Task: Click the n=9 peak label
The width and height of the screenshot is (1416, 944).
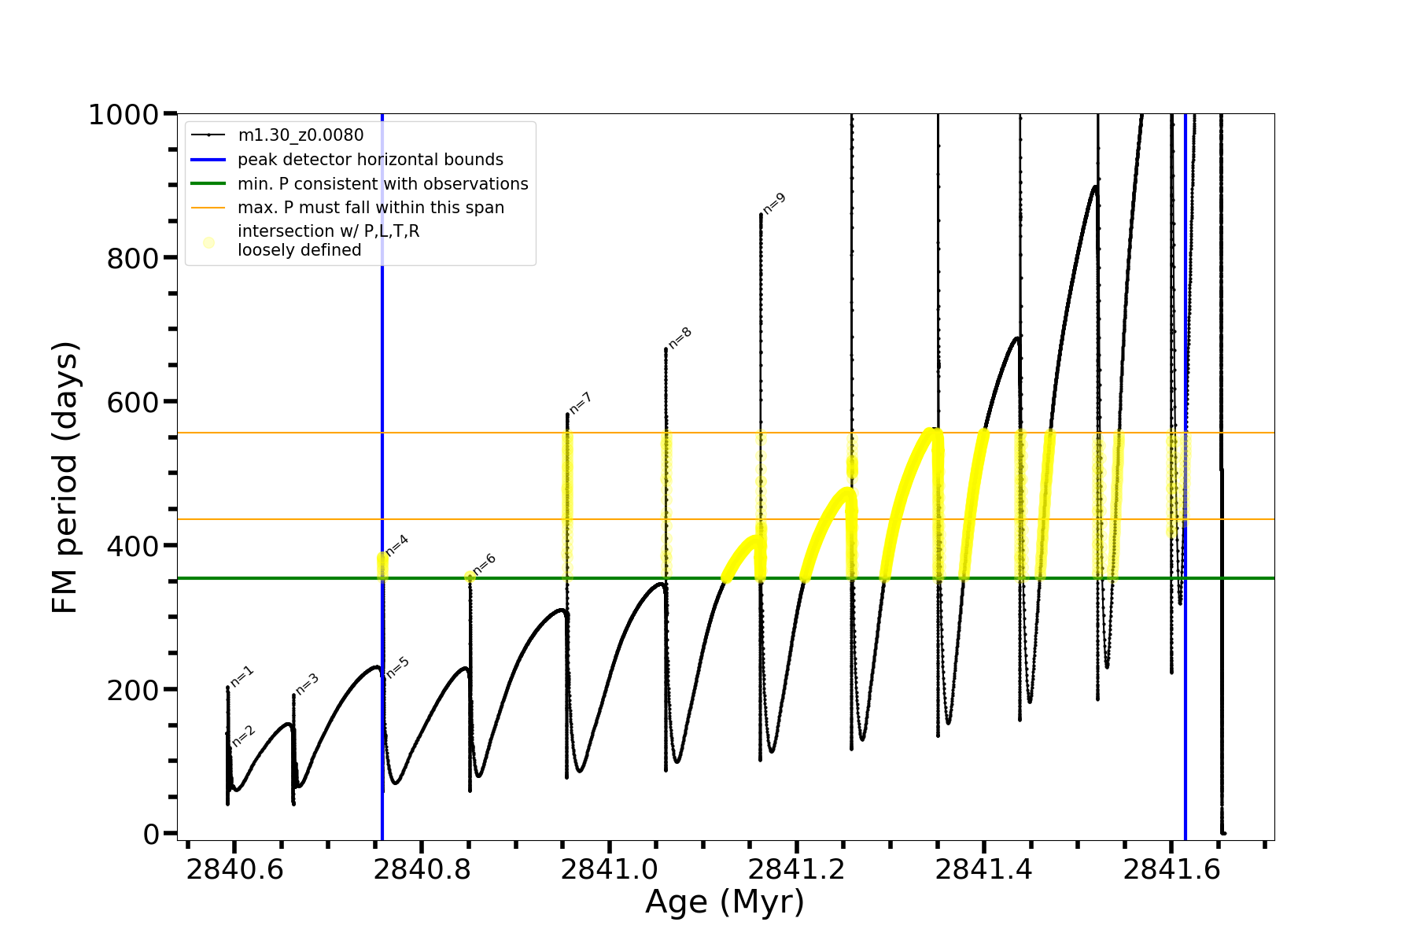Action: [x=775, y=203]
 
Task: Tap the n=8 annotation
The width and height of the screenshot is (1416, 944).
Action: [x=680, y=337]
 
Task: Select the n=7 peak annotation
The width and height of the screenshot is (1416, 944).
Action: [x=581, y=403]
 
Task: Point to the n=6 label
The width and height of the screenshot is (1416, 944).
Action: [x=485, y=564]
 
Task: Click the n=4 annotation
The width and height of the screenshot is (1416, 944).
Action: [x=397, y=545]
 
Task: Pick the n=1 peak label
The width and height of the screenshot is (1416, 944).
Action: [x=242, y=677]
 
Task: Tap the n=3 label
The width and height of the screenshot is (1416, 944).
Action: [x=307, y=684]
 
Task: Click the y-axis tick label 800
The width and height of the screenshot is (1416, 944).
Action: [x=133, y=258]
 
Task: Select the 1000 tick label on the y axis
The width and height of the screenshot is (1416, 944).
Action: [x=124, y=115]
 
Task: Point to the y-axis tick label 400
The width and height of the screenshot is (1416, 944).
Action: [x=133, y=546]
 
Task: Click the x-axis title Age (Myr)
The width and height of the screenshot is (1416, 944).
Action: [x=725, y=902]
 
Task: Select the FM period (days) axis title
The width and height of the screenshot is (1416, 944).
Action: [x=65, y=477]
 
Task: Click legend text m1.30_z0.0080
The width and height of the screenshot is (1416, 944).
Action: [x=301, y=135]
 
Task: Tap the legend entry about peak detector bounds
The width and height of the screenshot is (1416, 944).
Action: [x=371, y=160]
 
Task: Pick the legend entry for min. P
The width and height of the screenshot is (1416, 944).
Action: [x=383, y=184]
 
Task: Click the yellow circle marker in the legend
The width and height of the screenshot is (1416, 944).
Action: [x=208, y=242]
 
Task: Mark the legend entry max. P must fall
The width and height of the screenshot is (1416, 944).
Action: [x=371, y=208]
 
